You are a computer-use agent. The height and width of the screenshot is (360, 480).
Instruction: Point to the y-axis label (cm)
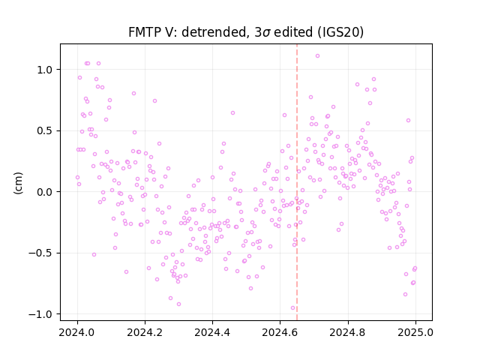point(18,183)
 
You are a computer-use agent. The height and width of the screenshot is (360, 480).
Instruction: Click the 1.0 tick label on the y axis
point(45,70)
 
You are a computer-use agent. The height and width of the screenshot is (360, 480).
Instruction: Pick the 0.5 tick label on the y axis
point(45,131)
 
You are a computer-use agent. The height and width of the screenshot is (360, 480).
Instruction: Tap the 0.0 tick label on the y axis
point(45,192)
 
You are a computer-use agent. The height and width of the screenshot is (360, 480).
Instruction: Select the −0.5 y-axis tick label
point(41,253)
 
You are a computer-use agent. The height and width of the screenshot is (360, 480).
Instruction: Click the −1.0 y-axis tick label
point(41,314)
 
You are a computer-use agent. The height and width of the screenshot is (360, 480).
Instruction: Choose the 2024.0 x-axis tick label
point(76,332)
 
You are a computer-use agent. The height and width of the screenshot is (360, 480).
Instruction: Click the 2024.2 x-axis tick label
point(145,332)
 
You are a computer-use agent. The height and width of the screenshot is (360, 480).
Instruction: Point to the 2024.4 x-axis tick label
point(212,332)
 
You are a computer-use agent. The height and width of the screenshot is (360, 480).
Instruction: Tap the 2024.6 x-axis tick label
point(280,332)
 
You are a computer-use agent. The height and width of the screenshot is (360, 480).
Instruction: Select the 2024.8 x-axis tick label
point(348,332)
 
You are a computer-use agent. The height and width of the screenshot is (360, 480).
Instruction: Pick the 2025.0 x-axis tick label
point(415,332)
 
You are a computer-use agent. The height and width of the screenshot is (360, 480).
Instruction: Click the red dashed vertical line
point(297,182)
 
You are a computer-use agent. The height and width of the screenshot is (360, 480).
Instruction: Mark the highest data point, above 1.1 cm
point(317,55)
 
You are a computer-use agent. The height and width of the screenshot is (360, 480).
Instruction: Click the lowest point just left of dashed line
point(292,308)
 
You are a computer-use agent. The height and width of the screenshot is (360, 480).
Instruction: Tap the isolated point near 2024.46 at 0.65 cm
point(232,113)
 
